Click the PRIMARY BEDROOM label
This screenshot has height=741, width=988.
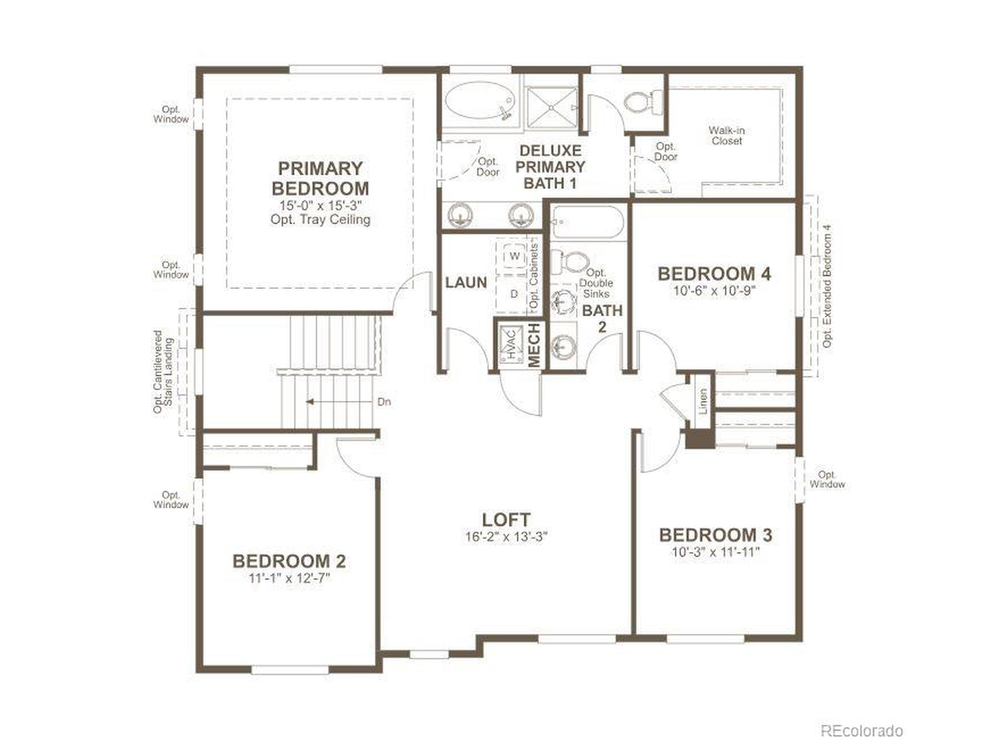320,178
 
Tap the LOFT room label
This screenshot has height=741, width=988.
506,519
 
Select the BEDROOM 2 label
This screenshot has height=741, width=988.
289,562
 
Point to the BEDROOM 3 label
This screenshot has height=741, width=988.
716,535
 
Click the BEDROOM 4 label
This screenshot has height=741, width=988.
714,274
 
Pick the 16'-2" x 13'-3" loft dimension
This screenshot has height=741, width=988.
506,536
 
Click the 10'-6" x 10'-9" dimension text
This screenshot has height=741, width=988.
714,291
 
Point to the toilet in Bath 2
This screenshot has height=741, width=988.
568,262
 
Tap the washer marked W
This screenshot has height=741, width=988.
514,256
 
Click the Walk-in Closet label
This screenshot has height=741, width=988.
727,136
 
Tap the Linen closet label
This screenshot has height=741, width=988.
703,401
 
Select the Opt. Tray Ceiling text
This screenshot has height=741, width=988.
320,220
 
